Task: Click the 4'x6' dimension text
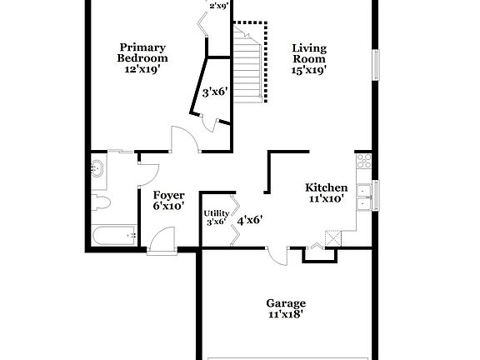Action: (250, 220)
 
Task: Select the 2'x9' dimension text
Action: (219, 5)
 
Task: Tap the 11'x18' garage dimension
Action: (285, 315)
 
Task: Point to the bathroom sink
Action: (97, 169)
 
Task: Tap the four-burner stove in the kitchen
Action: (363, 162)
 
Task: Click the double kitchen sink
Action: (365, 197)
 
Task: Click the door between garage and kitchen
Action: (278, 253)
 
